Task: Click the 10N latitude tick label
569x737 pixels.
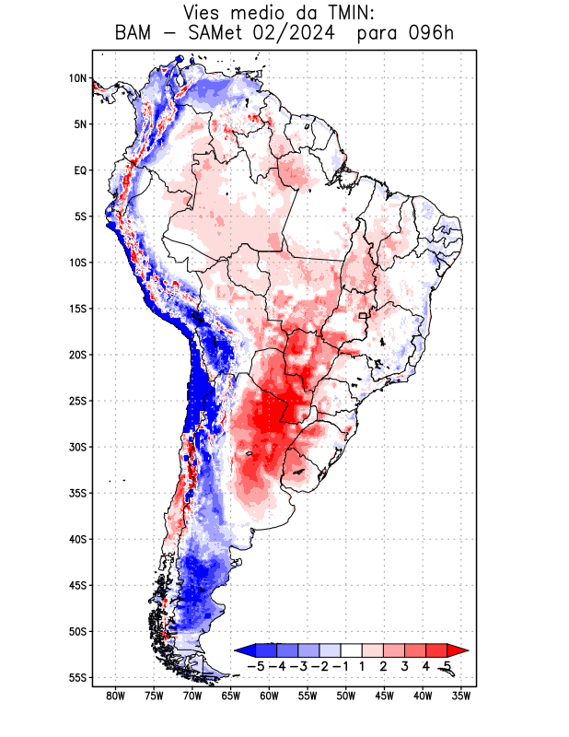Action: point(77,78)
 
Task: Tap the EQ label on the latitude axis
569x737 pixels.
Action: point(80,170)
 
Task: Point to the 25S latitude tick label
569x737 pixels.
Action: point(77,401)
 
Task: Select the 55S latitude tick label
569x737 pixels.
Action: point(77,678)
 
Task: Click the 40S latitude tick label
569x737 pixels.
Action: point(77,539)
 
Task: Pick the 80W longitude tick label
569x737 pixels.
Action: point(115,696)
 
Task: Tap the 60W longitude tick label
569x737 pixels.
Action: point(270,696)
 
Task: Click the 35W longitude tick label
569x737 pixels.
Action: point(462,696)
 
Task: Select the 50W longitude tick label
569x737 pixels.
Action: point(346,696)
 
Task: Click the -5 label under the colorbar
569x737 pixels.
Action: point(255,665)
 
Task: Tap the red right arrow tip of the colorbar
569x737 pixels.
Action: point(451,649)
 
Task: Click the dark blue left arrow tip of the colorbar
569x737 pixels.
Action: point(241,649)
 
